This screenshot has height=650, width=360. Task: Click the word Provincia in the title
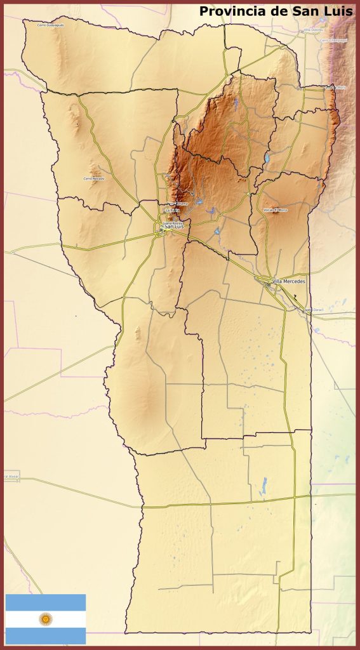coord(228,11)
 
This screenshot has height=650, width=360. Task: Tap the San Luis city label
coord(174,227)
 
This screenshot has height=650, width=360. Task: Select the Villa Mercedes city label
coord(288,281)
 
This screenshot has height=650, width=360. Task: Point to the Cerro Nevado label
coord(93,178)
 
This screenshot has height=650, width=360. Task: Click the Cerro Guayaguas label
coord(50,25)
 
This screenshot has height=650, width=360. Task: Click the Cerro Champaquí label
coord(333,39)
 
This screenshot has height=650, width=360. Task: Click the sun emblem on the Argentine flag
coord(45,618)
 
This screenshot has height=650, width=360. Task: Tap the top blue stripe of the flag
coord(45,602)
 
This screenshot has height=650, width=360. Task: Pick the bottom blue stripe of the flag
coord(45,635)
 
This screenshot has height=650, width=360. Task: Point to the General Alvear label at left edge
coord(11,476)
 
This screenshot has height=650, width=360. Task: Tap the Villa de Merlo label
coord(336,87)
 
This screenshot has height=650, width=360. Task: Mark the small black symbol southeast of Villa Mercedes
coord(295,296)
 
